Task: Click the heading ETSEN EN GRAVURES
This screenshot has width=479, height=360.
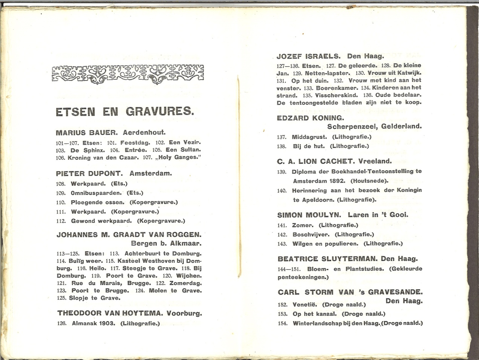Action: pyautogui.click(x=125, y=112)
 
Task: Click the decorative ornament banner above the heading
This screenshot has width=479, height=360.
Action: pyautogui.click(x=128, y=73)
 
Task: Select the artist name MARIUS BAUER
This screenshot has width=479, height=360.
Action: pyautogui.click(x=87, y=132)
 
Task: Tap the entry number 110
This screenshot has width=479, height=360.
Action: pyautogui.click(x=61, y=202)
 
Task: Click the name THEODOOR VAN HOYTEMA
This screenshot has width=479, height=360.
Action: pyautogui.click(x=110, y=313)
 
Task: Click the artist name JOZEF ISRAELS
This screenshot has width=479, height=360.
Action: pyautogui.click(x=308, y=57)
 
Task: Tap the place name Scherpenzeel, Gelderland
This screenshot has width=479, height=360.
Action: pyautogui.click(x=374, y=126)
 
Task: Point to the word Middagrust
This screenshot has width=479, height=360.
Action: pyautogui.click(x=309, y=137)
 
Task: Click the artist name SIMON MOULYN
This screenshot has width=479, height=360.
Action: pyautogui.click(x=309, y=215)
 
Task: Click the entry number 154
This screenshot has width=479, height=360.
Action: pyautogui.click(x=283, y=323)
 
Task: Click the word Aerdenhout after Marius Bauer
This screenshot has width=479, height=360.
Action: pyautogui.click(x=144, y=132)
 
